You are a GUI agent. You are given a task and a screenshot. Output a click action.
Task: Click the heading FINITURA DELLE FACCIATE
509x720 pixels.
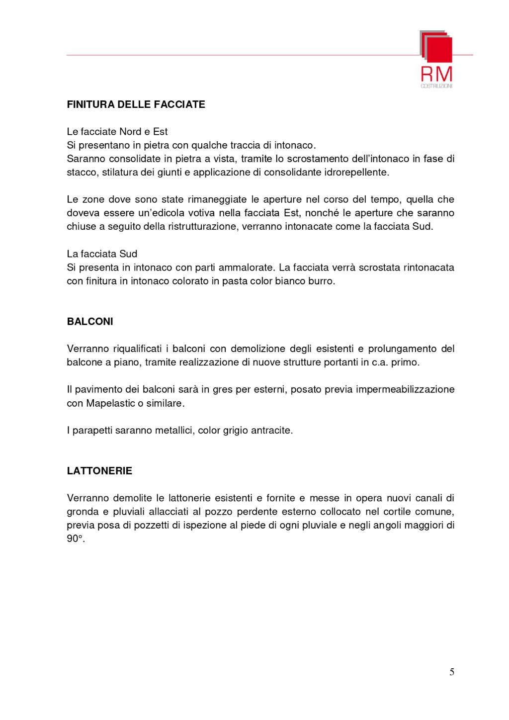pyautogui.click(x=136, y=104)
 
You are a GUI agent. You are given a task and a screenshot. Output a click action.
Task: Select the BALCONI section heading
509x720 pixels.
pyautogui.click(x=90, y=322)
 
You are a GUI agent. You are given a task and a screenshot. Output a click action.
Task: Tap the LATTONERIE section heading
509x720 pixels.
pyautogui.click(x=99, y=471)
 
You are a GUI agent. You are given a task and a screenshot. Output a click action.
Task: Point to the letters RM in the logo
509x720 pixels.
pyautogui.click(x=436, y=74)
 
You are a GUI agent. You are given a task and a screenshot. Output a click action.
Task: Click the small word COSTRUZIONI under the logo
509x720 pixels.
pyautogui.click(x=436, y=86)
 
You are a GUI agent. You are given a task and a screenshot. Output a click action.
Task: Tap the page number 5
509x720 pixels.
pyautogui.click(x=452, y=672)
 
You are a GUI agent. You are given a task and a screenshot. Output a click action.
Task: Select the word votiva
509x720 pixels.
pyautogui.click(x=201, y=213)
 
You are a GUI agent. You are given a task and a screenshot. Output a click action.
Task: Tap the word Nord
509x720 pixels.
pyautogui.click(x=130, y=132)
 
